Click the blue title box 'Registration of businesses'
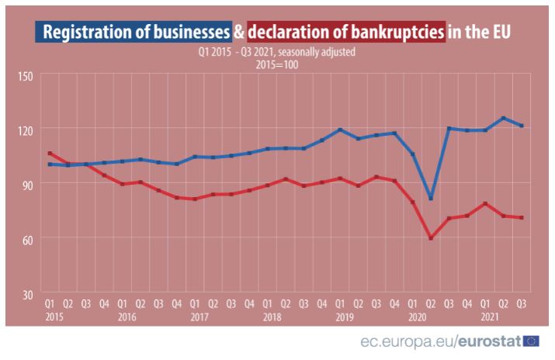tap(134, 33)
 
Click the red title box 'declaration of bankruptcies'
tap(347, 33)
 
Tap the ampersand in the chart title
tap(239, 33)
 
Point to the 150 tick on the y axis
tap(26, 75)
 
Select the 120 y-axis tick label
tap(26, 130)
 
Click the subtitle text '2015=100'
tap(277, 64)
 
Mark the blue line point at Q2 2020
tap(431, 198)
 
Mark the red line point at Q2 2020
tap(431, 237)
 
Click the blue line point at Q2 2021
tap(504, 118)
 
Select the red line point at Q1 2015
tap(50, 154)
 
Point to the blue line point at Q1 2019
tap(340, 130)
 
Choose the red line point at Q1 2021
tap(485, 203)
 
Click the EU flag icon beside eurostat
tap(532, 341)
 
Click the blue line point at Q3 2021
tap(522, 126)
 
